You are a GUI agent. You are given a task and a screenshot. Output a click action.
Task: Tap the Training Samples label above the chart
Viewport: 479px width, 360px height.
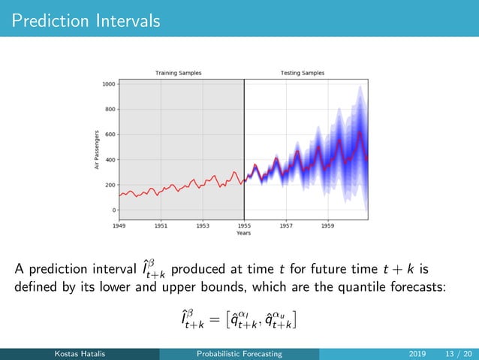tap(178, 73)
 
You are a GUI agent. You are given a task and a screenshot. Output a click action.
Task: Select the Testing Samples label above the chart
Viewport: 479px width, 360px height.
tap(303, 73)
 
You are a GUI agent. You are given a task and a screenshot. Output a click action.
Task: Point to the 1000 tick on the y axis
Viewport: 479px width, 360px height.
tap(109, 84)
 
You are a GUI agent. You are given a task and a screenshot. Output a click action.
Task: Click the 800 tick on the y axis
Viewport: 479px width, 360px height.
tap(110, 110)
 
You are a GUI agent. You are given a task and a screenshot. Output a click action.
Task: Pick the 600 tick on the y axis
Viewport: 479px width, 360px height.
tap(110, 135)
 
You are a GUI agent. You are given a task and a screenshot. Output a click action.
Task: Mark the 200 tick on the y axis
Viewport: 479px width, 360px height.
tap(110, 185)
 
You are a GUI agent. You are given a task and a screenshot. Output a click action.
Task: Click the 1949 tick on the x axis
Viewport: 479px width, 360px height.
tap(119, 225)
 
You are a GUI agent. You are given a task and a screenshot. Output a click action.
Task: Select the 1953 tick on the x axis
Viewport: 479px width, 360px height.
tap(203, 225)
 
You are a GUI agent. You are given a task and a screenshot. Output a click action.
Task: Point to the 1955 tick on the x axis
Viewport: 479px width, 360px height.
tap(244, 225)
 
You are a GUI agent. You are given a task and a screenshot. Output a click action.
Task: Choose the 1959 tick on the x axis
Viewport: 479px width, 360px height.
tap(327, 225)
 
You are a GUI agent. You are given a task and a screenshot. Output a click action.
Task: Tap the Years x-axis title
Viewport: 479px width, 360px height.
tap(243, 233)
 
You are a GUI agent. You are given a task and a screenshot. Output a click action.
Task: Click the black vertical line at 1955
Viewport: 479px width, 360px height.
tap(244, 150)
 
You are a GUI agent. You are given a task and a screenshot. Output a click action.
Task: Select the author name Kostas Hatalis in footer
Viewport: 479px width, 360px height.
tap(80, 353)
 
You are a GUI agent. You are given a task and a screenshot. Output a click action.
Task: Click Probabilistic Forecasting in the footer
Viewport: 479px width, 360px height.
tap(239, 353)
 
